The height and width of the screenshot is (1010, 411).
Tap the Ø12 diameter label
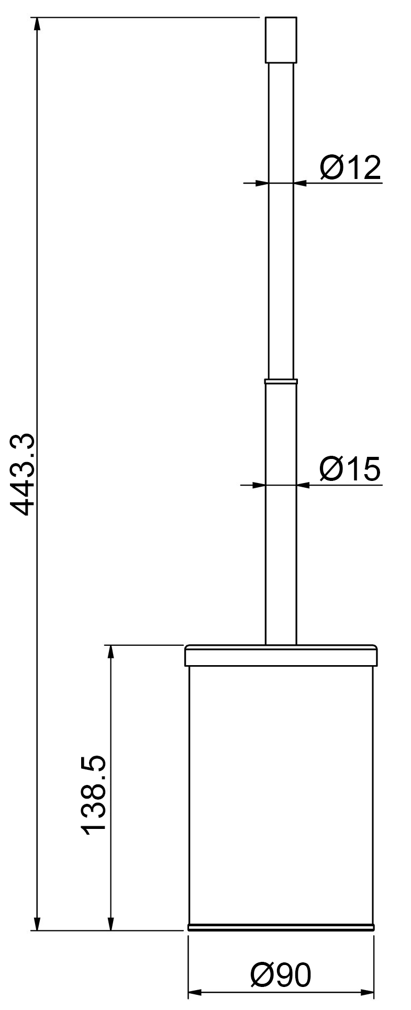[x=350, y=168]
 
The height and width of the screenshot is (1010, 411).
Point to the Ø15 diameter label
[x=350, y=469]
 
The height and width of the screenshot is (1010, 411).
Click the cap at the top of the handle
[x=281, y=40]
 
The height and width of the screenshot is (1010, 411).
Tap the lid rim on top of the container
[x=281, y=655]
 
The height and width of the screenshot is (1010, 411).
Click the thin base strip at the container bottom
[x=281, y=927]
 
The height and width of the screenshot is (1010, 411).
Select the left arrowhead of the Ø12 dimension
[x=261, y=183]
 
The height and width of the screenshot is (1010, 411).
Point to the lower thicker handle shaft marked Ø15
[x=281, y=549]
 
